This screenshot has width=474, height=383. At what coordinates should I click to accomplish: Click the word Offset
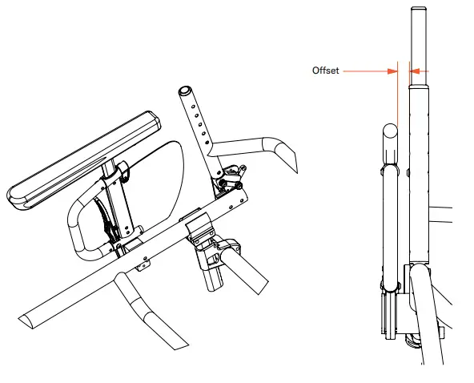[325, 71]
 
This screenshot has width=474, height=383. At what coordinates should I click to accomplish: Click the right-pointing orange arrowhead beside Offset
[393, 71]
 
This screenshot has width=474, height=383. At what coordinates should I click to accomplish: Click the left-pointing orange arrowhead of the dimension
[415, 71]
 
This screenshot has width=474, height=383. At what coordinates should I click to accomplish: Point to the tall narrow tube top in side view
[417, 32]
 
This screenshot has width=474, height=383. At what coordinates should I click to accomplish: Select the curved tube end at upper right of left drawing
[284, 155]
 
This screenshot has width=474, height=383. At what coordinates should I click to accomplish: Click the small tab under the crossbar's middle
[144, 264]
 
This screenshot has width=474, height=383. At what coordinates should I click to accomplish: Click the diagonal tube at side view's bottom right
[432, 321]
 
